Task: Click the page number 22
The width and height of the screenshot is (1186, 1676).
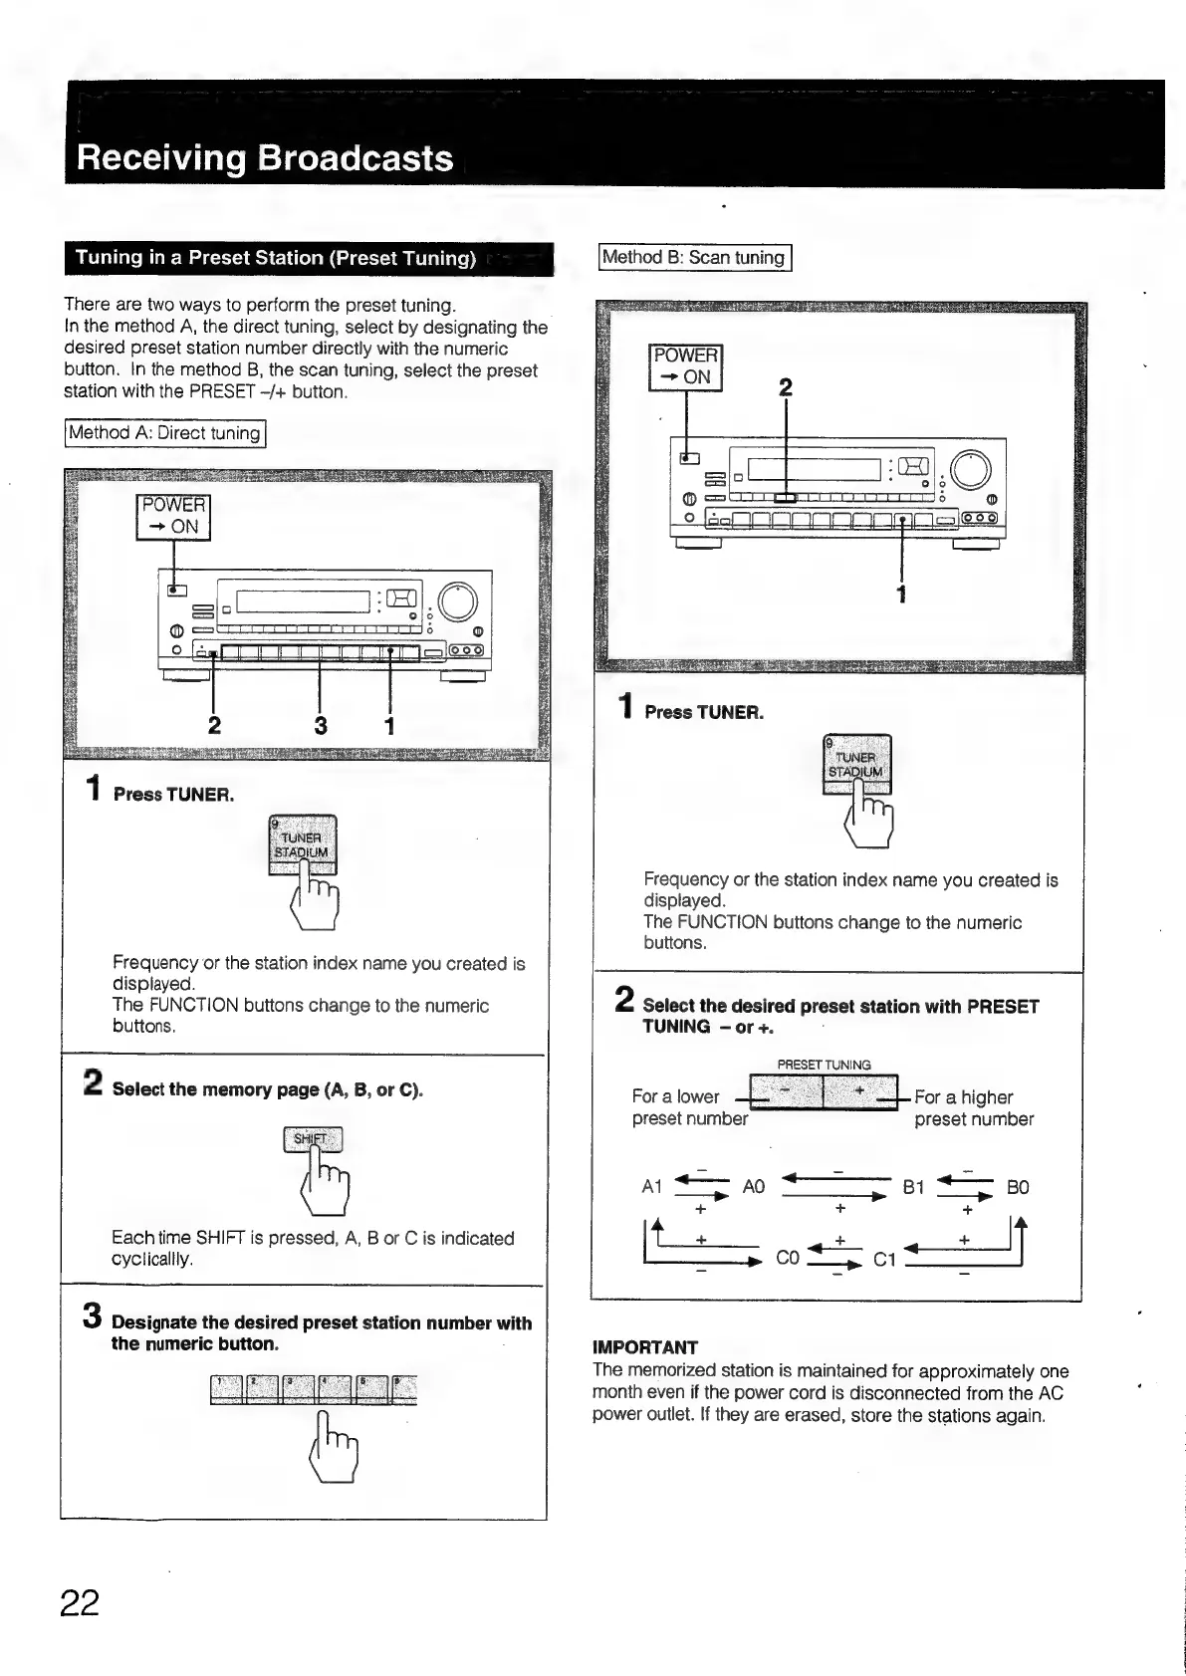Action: (80, 1602)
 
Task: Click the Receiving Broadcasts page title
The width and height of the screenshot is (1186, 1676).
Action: (265, 158)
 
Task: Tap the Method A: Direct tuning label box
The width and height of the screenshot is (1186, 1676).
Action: (165, 433)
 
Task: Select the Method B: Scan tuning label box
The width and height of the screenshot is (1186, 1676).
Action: (694, 257)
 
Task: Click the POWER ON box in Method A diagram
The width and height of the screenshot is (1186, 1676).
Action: (173, 516)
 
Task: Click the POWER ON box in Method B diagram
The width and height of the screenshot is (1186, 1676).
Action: (685, 366)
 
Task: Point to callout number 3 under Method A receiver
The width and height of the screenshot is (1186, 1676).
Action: (321, 726)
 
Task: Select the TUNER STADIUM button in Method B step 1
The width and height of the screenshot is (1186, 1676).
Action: (856, 763)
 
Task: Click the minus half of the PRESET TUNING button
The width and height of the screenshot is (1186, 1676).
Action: (786, 1091)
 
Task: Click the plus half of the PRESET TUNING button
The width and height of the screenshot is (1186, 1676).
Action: (859, 1091)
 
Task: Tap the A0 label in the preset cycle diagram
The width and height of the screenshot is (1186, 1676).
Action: (754, 1187)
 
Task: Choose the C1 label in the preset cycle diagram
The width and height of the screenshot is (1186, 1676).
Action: (884, 1260)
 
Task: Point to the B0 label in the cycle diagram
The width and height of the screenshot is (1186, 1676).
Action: (1017, 1187)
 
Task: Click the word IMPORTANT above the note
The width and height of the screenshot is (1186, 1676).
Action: (645, 1347)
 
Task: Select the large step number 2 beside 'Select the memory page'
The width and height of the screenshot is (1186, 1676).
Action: (93, 1082)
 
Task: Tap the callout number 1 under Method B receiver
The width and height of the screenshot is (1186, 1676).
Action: (901, 595)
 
